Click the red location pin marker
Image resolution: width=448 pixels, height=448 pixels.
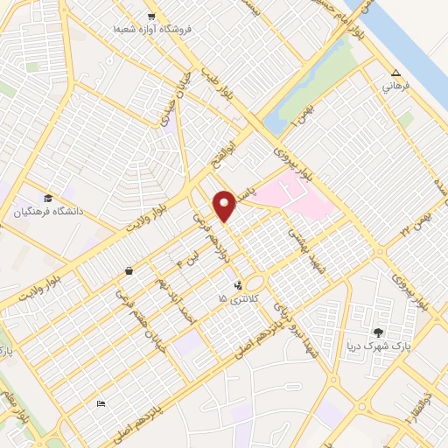point(225,206)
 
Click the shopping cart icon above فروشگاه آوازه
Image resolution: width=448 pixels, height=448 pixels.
point(151,17)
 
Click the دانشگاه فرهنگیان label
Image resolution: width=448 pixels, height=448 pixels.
point(48,211)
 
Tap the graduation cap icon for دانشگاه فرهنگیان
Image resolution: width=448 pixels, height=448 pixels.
point(48,197)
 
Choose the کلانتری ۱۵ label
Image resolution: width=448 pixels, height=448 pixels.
point(234,299)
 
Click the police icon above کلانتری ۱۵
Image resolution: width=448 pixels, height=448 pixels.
point(237,284)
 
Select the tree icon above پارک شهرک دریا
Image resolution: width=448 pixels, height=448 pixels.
point(378,332)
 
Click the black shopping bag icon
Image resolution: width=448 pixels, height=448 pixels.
point(129,271)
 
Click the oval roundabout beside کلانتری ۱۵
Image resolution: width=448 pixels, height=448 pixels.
point(255,283)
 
